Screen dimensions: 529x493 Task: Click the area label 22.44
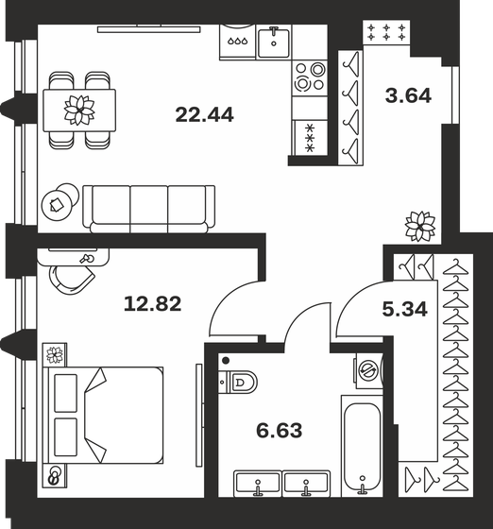coord(205,115)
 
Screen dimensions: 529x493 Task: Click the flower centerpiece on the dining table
coord(79,109)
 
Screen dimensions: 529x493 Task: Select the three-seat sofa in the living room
coord(149,207)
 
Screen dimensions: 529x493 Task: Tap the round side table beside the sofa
coord(59,201)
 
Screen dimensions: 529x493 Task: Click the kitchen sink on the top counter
coord(280,39)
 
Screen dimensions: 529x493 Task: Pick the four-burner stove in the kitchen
coord(309,76)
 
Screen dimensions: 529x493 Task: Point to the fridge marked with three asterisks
coord(309,138)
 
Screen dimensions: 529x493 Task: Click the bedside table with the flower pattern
coord(54,356)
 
